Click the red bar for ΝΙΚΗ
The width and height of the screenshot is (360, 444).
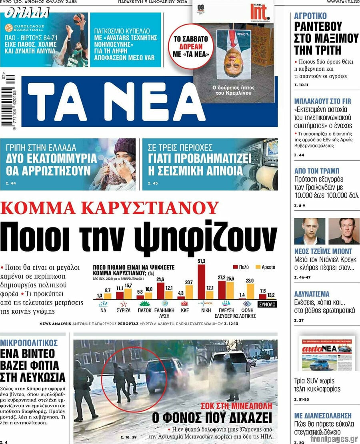[202, 282]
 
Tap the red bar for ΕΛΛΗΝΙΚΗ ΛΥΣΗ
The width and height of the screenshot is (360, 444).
[161, 291]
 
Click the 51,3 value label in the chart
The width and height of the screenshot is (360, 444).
[202, 261]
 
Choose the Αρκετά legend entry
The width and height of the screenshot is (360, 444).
[266, 267]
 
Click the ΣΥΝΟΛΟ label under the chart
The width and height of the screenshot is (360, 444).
[267, 305]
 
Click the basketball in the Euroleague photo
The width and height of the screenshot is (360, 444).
[79, 18]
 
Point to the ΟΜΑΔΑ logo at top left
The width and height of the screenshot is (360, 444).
[27, 14]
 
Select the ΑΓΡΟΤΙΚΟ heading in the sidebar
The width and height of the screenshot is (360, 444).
[310, 16]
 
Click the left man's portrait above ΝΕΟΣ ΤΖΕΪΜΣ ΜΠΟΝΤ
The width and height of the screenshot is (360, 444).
[310, 231]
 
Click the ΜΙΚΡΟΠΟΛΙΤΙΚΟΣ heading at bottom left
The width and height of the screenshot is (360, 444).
[29, 342]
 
